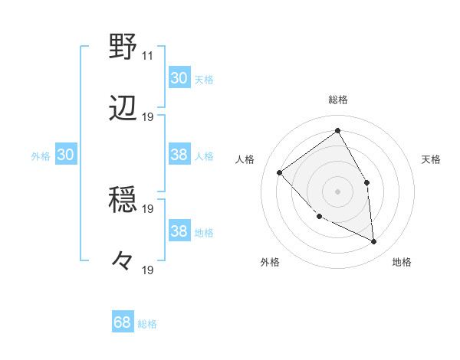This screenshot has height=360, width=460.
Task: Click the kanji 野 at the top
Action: pos(123,47)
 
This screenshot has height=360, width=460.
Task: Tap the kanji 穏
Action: pos(123,200)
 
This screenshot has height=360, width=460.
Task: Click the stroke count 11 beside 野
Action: pos(147,56)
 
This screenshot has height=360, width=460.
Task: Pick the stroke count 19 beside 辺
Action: pos(148,116)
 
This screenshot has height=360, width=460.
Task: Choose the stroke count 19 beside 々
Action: pos(148,270)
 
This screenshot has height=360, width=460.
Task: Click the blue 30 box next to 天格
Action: pos(179,78)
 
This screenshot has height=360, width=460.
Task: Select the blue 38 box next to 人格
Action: pos(179,155)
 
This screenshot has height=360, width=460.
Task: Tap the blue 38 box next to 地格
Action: pos(179,231)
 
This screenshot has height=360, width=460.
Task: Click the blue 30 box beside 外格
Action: pos(65,155)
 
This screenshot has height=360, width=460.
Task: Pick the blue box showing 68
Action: pos(122,322)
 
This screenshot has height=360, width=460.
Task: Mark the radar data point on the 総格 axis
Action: pos(337,131)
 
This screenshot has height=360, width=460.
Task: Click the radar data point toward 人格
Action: pos(280,172)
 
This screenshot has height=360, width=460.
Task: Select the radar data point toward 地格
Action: pos(374,241)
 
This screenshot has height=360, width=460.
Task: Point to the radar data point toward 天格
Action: pos(366,182)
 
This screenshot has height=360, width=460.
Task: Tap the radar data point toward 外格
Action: pos(320,217)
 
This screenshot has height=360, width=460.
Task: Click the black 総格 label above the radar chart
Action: pos(338,100)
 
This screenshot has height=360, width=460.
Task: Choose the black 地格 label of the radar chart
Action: pos(402,263)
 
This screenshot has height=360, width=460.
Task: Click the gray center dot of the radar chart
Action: pos(337,191)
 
